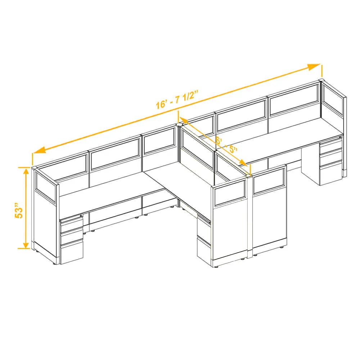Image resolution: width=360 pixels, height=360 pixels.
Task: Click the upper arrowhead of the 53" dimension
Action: tap(27, 171)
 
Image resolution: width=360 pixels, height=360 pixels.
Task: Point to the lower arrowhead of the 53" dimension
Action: tap(26, 245)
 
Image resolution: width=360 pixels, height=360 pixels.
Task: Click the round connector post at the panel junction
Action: tap(179, 125)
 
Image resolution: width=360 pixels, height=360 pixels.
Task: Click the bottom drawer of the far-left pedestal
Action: tap(71, 252)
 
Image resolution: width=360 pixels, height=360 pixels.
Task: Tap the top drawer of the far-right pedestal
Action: tap(330, 147)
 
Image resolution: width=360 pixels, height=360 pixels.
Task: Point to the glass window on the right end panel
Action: tap(332, 102)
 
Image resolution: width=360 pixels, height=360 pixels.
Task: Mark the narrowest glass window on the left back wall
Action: tap(159, 141)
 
